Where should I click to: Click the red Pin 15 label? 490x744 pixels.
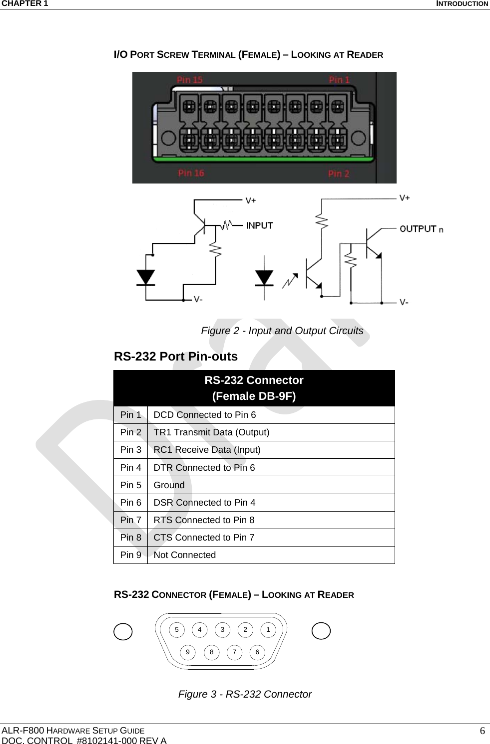(x=190, y=80)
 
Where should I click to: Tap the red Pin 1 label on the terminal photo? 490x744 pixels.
(x=339, y=80)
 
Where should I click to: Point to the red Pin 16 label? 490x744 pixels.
(x=191, y=173)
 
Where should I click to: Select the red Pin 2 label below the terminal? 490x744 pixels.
(x=339, y=174)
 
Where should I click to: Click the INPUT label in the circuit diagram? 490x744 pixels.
(x=259, y=225)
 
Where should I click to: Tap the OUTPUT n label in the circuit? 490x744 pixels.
(x=421, y=229)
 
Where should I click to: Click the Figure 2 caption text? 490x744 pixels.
(x=282, y=331)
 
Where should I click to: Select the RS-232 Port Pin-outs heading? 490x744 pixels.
(x=176, y=357)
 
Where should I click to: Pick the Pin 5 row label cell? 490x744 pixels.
(x=130, y=485)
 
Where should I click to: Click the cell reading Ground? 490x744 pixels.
(x=169, y=485)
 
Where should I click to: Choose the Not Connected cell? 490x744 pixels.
(x=185, y=555)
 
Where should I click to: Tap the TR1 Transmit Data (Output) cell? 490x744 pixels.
(x=211, y=432)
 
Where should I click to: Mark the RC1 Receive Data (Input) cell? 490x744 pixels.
(x=207, y=450)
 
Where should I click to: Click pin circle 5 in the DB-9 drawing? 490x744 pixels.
(x=176, y=630)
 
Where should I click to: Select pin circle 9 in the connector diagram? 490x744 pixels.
(x=188, y=652)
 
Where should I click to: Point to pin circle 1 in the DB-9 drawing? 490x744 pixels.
(x=268, y=630)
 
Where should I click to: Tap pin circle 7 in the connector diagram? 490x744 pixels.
(x=234, y=652)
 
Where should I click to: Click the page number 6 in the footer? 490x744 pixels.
(x=482, y=731)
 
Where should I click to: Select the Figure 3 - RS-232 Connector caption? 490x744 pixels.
(x=245, y=694)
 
